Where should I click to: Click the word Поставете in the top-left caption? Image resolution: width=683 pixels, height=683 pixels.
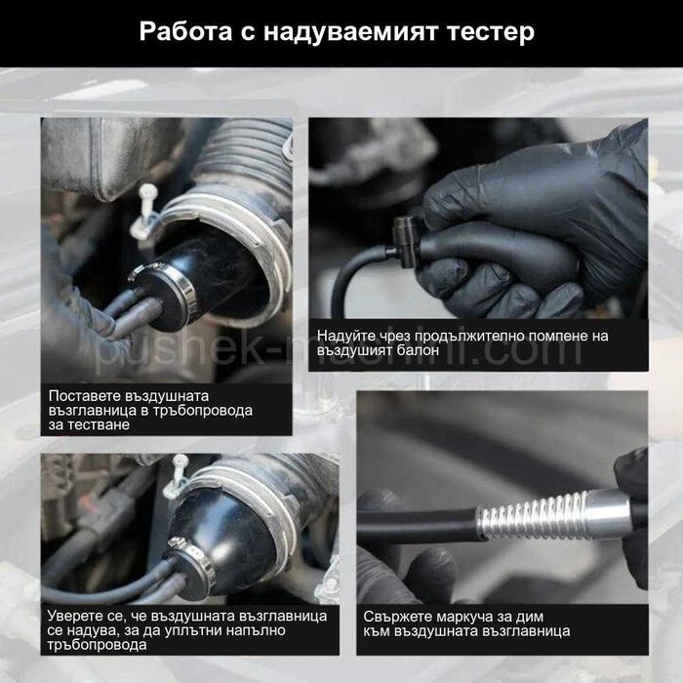[x=87, y=395]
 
